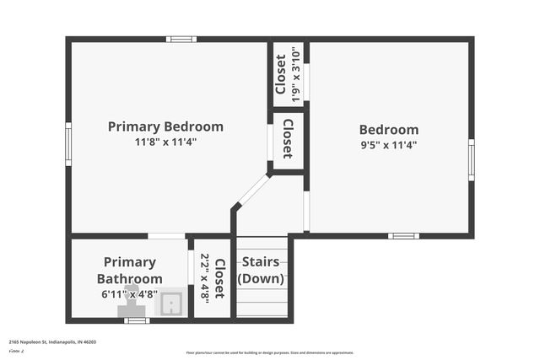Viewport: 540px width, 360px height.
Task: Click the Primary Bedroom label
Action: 165,126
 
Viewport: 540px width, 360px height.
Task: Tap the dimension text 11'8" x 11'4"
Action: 165,142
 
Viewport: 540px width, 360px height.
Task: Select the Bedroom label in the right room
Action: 388,130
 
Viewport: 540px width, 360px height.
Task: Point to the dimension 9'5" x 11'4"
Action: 388,144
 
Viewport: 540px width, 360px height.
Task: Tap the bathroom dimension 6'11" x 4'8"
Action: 130,294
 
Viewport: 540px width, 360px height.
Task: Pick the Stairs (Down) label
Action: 263,270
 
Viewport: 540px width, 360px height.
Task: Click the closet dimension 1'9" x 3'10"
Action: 295,74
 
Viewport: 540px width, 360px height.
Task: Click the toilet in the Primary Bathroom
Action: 132,301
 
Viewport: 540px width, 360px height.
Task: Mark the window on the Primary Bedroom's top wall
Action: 181,39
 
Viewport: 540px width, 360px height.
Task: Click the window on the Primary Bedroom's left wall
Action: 68,137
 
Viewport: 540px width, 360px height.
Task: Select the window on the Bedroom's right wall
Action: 471,159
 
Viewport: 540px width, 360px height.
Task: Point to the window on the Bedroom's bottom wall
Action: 403,235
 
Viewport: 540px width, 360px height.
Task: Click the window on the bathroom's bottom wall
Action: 137,320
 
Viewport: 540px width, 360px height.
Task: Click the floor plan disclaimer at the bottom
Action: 269,352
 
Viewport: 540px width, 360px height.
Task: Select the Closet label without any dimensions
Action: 288,139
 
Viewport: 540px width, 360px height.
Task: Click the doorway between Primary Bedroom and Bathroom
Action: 166,235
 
